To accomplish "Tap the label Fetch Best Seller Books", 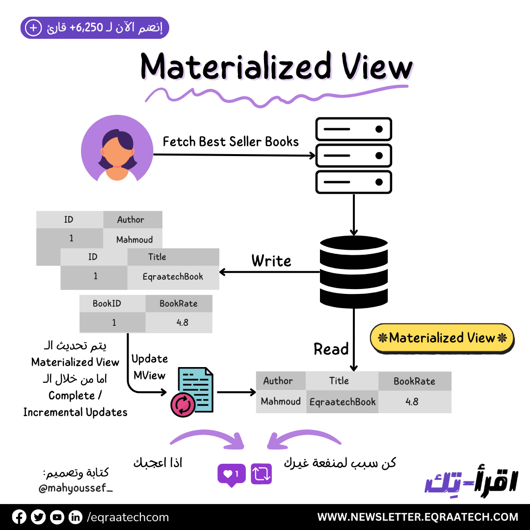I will tap(231, 142).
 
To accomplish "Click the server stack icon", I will tap(353, 156).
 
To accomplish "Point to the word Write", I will tap(271, 261).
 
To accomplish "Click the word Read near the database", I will tap(331, 349).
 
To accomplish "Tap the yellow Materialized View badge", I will tap(442, 338).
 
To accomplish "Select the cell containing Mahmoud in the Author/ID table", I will tap(134, 239).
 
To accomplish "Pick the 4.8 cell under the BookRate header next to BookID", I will tap(179, 322).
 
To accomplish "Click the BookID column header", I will tap(107, 303).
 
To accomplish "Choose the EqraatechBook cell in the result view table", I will tap(342, 401).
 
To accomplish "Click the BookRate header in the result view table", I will tap(414, 381).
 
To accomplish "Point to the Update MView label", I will tap(149, 367).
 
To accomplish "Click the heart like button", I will tap(231, 474).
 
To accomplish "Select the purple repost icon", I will tap(261, 474).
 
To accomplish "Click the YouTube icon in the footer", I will tap(57, 517).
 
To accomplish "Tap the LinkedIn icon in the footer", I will tap(75, 517).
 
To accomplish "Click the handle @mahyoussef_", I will tap(75, 488).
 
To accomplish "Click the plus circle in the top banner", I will tap(33, 28).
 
